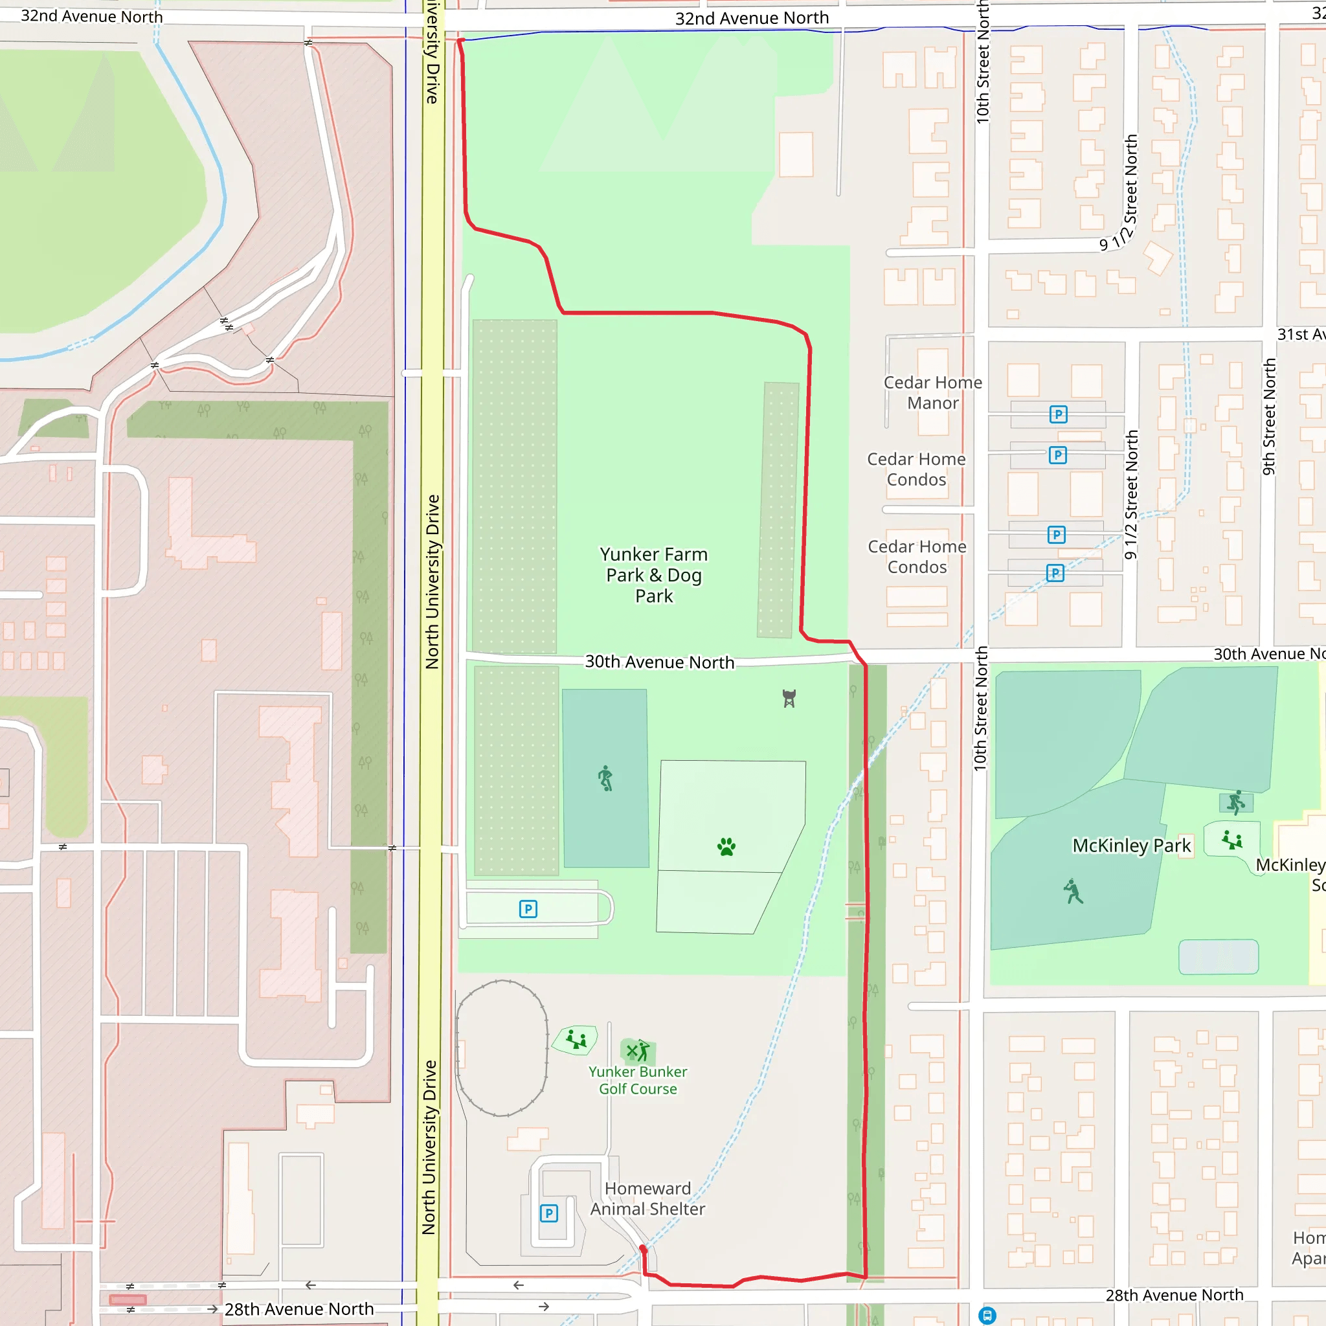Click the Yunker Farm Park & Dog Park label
(653, 575)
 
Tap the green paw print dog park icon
(726, 846)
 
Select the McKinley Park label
(1131, 846)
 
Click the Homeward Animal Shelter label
(647, 1198)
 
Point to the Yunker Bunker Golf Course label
(638, 1081)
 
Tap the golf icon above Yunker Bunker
(638, 1050)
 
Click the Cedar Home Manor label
(932, 392)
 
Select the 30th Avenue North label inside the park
(659, 662)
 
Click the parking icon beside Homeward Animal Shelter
(548, 1213)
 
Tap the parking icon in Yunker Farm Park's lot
(528, 910)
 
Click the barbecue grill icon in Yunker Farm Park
(789, 699)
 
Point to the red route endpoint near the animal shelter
(643, 1249)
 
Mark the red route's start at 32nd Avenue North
(460, 41)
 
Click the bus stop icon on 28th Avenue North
(987, 1315)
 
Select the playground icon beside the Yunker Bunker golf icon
(576, 1040)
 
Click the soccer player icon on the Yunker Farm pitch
(605, 778)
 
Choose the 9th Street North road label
(1269, 416)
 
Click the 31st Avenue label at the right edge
(1300, 334)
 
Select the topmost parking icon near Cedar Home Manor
(1059, 414)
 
